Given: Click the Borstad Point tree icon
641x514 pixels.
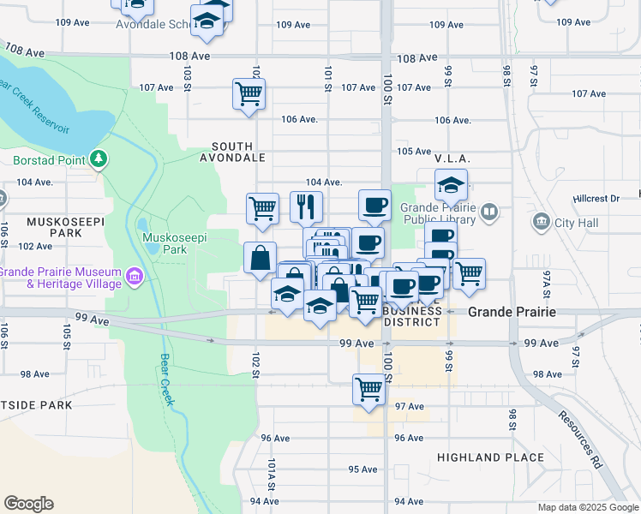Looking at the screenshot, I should click(99, 158).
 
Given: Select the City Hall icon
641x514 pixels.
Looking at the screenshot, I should click(541, 224).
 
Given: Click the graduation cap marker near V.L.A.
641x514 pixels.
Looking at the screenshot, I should click(450, 185).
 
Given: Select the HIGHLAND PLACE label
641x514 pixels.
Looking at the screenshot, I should click(490, 457).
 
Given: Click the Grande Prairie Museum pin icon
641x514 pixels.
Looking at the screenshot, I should click(134, 277).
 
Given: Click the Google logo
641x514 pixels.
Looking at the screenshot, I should click(28, 503).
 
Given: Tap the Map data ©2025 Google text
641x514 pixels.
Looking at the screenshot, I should click(587, 507).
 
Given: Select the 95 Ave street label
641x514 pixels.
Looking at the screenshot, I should click(362, 469).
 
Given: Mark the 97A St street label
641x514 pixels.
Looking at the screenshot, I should click(546, 282).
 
